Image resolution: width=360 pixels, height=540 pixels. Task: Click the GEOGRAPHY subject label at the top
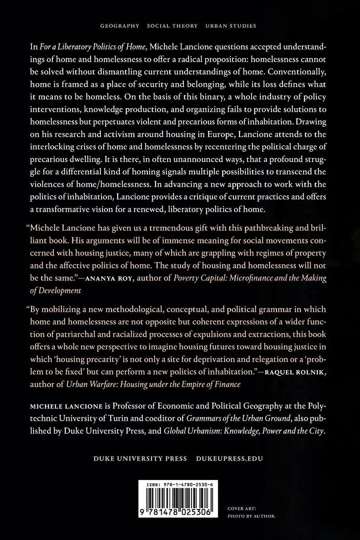tap(119, 26)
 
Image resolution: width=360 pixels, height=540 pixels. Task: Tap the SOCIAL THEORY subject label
tap(172, 26)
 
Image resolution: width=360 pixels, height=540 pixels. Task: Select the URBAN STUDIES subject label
tap(231, 26)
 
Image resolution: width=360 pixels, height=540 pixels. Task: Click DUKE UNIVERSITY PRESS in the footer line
tap(140, 458)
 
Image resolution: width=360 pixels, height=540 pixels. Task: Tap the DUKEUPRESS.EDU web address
tap(229, 458)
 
